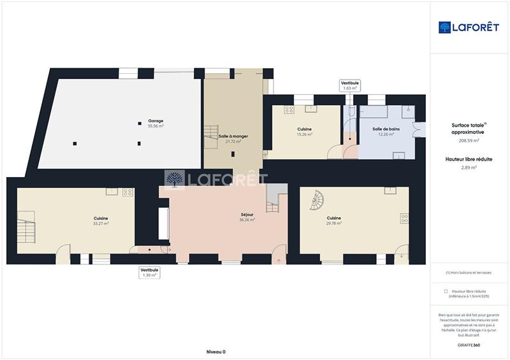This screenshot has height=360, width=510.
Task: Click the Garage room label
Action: point(156,121)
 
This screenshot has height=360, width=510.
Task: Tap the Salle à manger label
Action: point(233,136)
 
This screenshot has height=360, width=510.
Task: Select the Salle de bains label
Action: point(382,129)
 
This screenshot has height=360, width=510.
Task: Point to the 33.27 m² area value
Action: point(101,224)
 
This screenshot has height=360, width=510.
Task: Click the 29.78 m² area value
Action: point(334,224)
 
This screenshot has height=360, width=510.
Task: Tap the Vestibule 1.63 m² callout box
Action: point(350,85)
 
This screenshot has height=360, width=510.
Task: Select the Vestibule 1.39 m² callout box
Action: point(149,273)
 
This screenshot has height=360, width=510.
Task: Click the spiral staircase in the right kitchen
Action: point(317,202)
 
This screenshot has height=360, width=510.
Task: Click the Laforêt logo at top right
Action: point(469,27)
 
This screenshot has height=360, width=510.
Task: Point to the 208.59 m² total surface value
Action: point(469,140)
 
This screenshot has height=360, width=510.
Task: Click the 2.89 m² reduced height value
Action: point(469,168)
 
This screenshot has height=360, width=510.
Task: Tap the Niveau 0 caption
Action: point(216,352)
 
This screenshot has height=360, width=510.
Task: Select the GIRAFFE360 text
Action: point(469,345)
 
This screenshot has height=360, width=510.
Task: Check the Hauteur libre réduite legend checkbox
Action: point(446,291)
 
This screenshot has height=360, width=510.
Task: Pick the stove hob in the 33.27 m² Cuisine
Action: point(127,192)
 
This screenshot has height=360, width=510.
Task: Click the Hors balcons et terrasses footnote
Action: point(469,272)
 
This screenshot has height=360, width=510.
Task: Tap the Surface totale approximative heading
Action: point(469,128)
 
